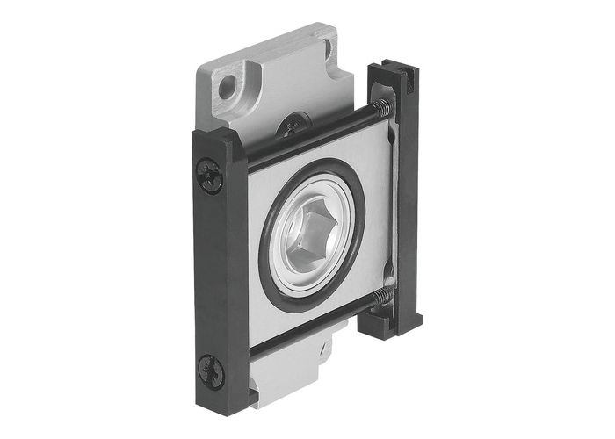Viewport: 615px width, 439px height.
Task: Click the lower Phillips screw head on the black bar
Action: click(212, 370)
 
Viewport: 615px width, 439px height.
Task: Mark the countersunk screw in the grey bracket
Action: click(291, 128)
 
